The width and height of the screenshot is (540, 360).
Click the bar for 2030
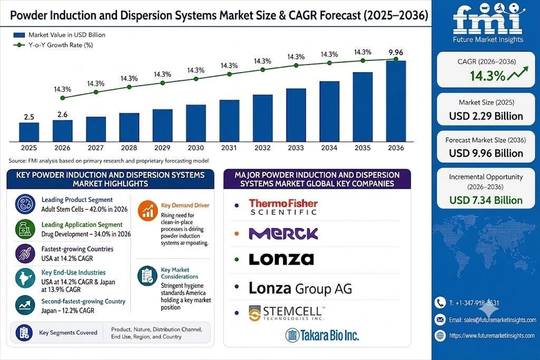click(196, 123)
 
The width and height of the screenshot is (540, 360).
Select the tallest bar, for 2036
click(396, 101)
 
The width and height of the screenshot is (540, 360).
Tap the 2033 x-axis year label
click(296, 148)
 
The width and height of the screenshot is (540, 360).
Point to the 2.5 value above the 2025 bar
click(29, 117)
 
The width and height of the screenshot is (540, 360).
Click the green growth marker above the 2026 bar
click(62, 98)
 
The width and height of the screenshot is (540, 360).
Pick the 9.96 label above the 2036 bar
click(396, 52)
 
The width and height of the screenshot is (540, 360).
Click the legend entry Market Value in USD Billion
click(59, 35)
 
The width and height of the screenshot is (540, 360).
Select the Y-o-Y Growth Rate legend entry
click(53, 45)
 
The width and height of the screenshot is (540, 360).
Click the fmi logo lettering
click(488, 20)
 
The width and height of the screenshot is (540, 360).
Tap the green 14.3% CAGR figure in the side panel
click(488, 76)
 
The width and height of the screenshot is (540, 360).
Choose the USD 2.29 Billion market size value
click(486, 116)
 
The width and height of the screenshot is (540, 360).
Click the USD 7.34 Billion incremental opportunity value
click(486, 200)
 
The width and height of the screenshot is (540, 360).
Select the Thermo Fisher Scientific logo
click(283, 207)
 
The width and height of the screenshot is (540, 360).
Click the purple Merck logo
click(283, 233)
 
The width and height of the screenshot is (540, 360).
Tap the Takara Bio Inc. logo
click(322, 335)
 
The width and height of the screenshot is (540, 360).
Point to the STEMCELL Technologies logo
click(286, 313)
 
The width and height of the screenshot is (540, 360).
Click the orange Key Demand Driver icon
click(148, 210)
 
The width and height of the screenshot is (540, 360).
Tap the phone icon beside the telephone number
click(440, 303)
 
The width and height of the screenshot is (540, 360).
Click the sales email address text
click(493, 320)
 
